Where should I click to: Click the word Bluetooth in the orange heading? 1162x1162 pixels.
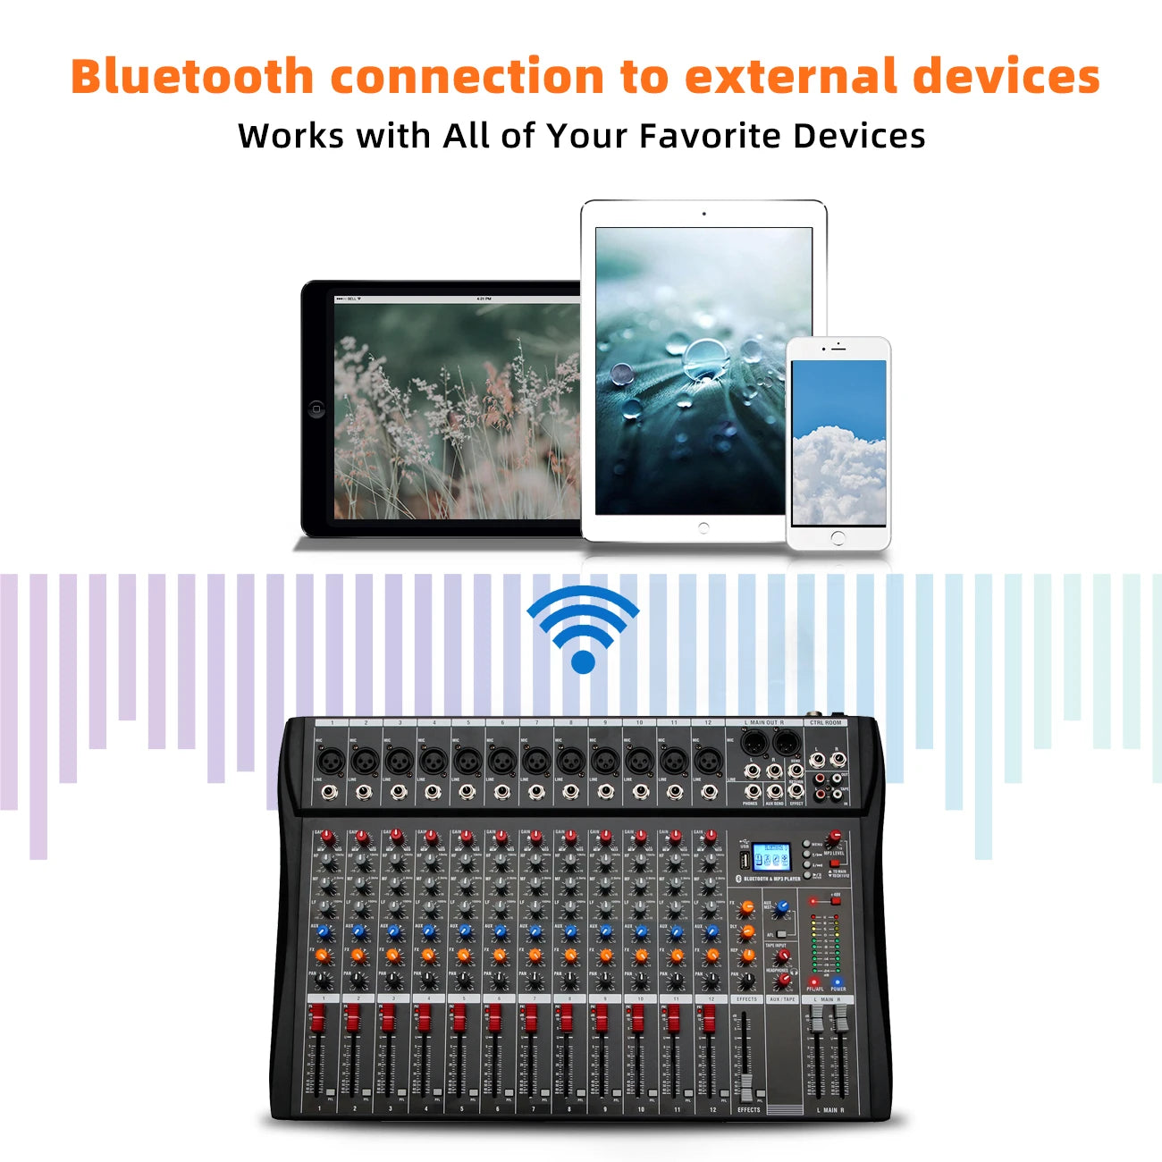pyautogui.click(x=191, y=77)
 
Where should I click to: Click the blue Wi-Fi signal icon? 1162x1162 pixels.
pyautogui.click(x=583, y=629)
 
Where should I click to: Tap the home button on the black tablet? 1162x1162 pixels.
pyautogui.click(x=316, y=409)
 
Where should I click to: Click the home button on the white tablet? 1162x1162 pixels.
pyautogui.click(x=703, y=527)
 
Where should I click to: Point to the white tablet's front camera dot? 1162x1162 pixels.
pyautogui.click(x=703, y=214)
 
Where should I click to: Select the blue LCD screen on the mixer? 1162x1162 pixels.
pyautogui.click(x=770, y=857)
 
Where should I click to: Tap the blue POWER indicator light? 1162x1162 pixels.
pyautogui.click(x=838, y=981)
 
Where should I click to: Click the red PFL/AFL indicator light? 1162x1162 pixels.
pyautogui.click(x=813, y=981)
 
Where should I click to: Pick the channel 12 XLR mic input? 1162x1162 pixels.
pyautogui.click(x=707, y=762)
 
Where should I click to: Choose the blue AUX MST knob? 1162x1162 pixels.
pyautogui.click(x=783, y=906)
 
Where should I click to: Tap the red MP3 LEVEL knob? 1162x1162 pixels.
pyautogui.click(x=834, y=838)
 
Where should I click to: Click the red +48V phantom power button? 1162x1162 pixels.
pyautogui.click(x=836, y=900)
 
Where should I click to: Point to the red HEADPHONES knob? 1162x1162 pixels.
pyautogui.click(x=783, y=980)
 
